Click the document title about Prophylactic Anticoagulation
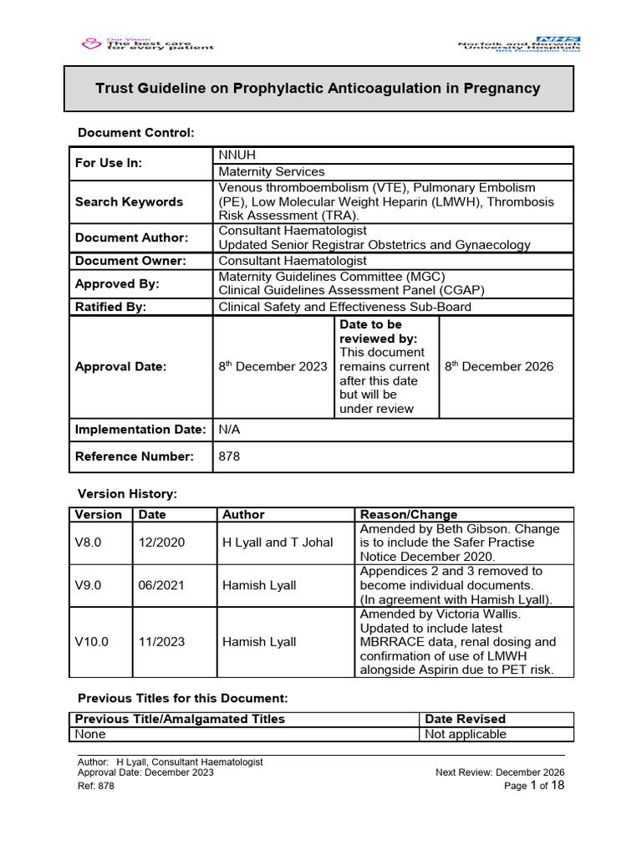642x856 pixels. coord(318,89)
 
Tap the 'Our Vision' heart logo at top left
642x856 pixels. coord(89,43)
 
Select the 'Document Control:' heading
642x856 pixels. coord(135,133)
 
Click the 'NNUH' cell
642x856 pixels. coord(238,155)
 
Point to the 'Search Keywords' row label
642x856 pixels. coord(129,201)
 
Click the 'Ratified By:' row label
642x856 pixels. coord(110,307)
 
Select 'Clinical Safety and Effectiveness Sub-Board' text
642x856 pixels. coord(344,307)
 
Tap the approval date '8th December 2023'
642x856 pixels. coord(273,366)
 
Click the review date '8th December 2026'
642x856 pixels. coord(498,366)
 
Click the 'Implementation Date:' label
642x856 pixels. coord(140,430)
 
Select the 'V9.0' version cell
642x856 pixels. coord(88,585)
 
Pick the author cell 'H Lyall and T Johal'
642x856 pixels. coord(278,543)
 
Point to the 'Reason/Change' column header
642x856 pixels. coord(408,515)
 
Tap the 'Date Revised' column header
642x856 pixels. coord(465,719)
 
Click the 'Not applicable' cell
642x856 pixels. coord(466,734)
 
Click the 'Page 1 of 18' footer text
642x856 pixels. coord(536,786)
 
